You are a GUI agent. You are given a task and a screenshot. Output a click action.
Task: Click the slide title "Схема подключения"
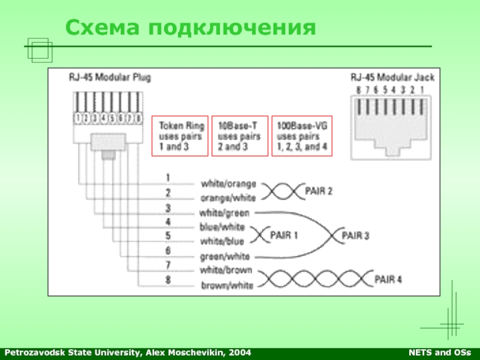click(x=190, y=26)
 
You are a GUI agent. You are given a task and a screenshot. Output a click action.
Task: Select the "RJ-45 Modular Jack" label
click(x=392, y=77)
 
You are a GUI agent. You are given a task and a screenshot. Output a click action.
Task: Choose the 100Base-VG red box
click(x=302, y=136)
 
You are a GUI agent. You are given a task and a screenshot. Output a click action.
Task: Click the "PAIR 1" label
click(x=284, y=235)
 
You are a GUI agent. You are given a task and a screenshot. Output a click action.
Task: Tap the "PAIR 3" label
click(x=356, y=235)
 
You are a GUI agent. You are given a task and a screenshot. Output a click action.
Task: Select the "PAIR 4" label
click(x=388, y=279)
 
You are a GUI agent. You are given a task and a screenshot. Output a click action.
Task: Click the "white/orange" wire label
click(x=229, y=183)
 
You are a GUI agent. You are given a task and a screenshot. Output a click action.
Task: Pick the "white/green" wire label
click(x=225, y=212)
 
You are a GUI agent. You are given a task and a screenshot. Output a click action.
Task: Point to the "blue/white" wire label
click(x=222, y=227)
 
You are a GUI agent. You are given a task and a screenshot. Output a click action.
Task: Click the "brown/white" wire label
click(x=227, y=286)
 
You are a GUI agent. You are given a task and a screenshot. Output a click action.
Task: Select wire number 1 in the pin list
click(x=168, y=178)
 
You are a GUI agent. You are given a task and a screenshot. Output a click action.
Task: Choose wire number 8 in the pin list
click(x=168, y=279)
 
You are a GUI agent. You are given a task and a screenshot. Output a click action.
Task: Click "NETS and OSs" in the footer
click(x=444, y=352)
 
